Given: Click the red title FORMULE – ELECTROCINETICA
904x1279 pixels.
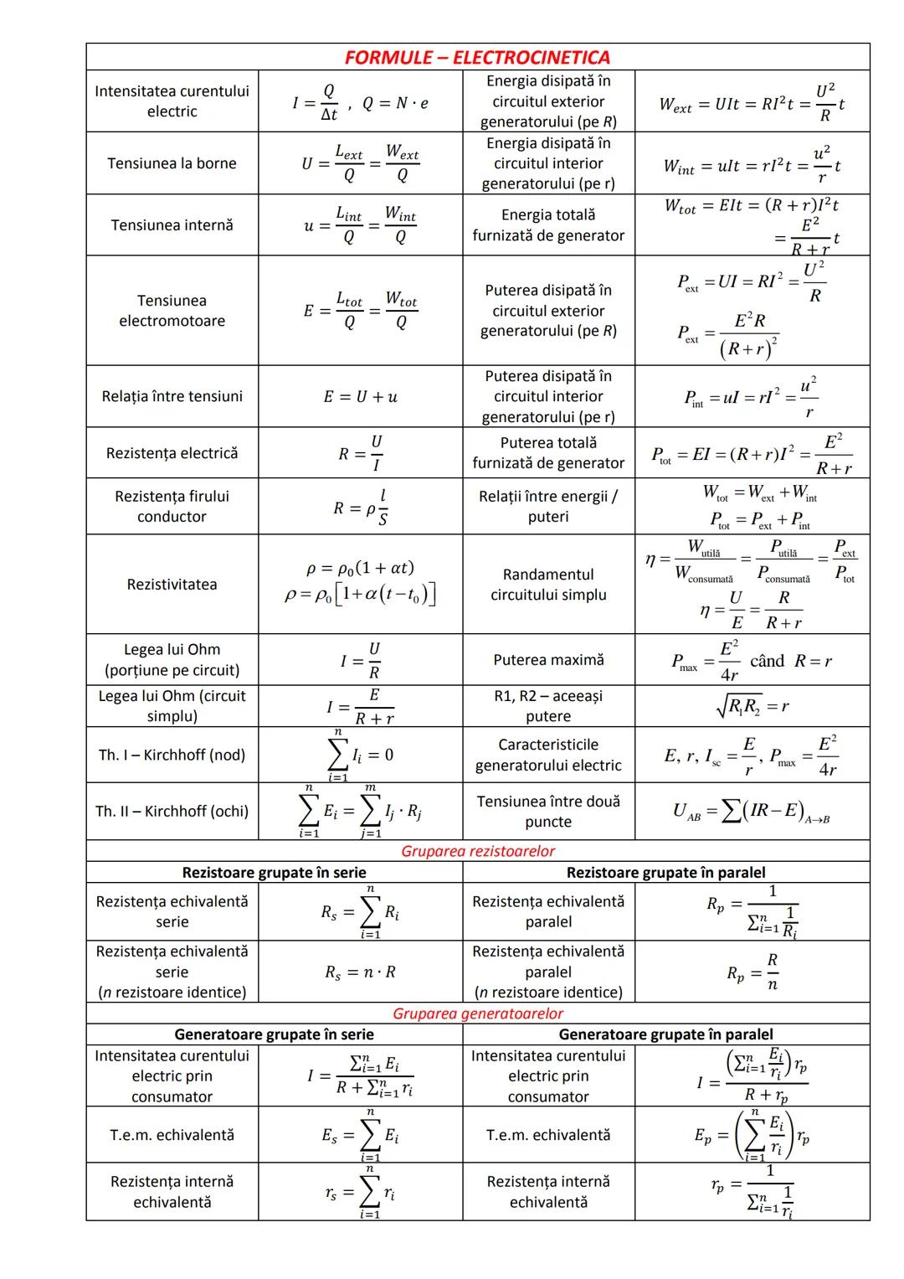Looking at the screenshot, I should click(477, 57).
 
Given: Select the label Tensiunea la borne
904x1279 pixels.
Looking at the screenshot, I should click(172, 163).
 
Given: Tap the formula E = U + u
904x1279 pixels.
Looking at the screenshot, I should click(360, 396).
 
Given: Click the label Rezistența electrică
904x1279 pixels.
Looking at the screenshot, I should click(172, 453).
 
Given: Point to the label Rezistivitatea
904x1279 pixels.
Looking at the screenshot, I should click(172, 584).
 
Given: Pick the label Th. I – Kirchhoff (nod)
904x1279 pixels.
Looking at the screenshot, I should click(172, 755).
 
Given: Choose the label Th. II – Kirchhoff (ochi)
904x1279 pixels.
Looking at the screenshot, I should click(172, 811).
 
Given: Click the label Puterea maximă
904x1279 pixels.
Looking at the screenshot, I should click(548, 660).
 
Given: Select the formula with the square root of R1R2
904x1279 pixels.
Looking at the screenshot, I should click(751, 706).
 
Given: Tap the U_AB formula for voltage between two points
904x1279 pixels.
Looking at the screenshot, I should click(751, 811).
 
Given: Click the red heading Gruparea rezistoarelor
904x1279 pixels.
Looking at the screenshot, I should click(477, 851).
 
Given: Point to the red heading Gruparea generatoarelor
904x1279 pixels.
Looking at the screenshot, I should click(477, 1013).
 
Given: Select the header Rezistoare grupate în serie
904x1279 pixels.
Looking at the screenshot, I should click(274, 873).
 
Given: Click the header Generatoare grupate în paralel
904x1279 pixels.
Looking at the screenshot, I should click(665, 1034).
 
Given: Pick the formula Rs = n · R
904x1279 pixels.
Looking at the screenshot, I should click(360, 972).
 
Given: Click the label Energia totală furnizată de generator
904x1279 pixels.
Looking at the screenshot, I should click(548, 225).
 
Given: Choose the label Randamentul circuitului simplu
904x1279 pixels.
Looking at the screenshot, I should click(548, 584).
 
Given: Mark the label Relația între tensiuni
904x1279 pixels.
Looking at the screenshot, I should click(172, 396).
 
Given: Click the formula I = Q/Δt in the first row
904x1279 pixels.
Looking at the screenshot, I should click(314, 104).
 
